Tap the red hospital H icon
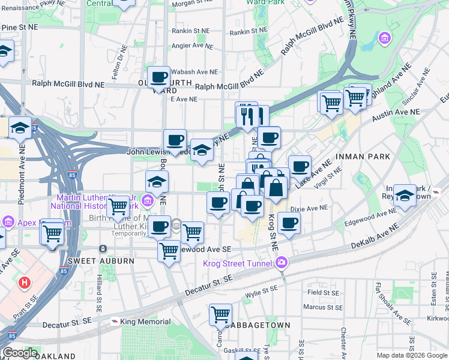coord(25,282)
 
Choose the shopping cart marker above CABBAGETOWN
coord(221,314)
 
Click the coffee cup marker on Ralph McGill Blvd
coord(158,77)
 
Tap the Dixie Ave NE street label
coord(309,208)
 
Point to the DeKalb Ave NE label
coord(374,237)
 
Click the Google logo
coord(20,353)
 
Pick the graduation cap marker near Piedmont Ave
coord(20,128)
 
